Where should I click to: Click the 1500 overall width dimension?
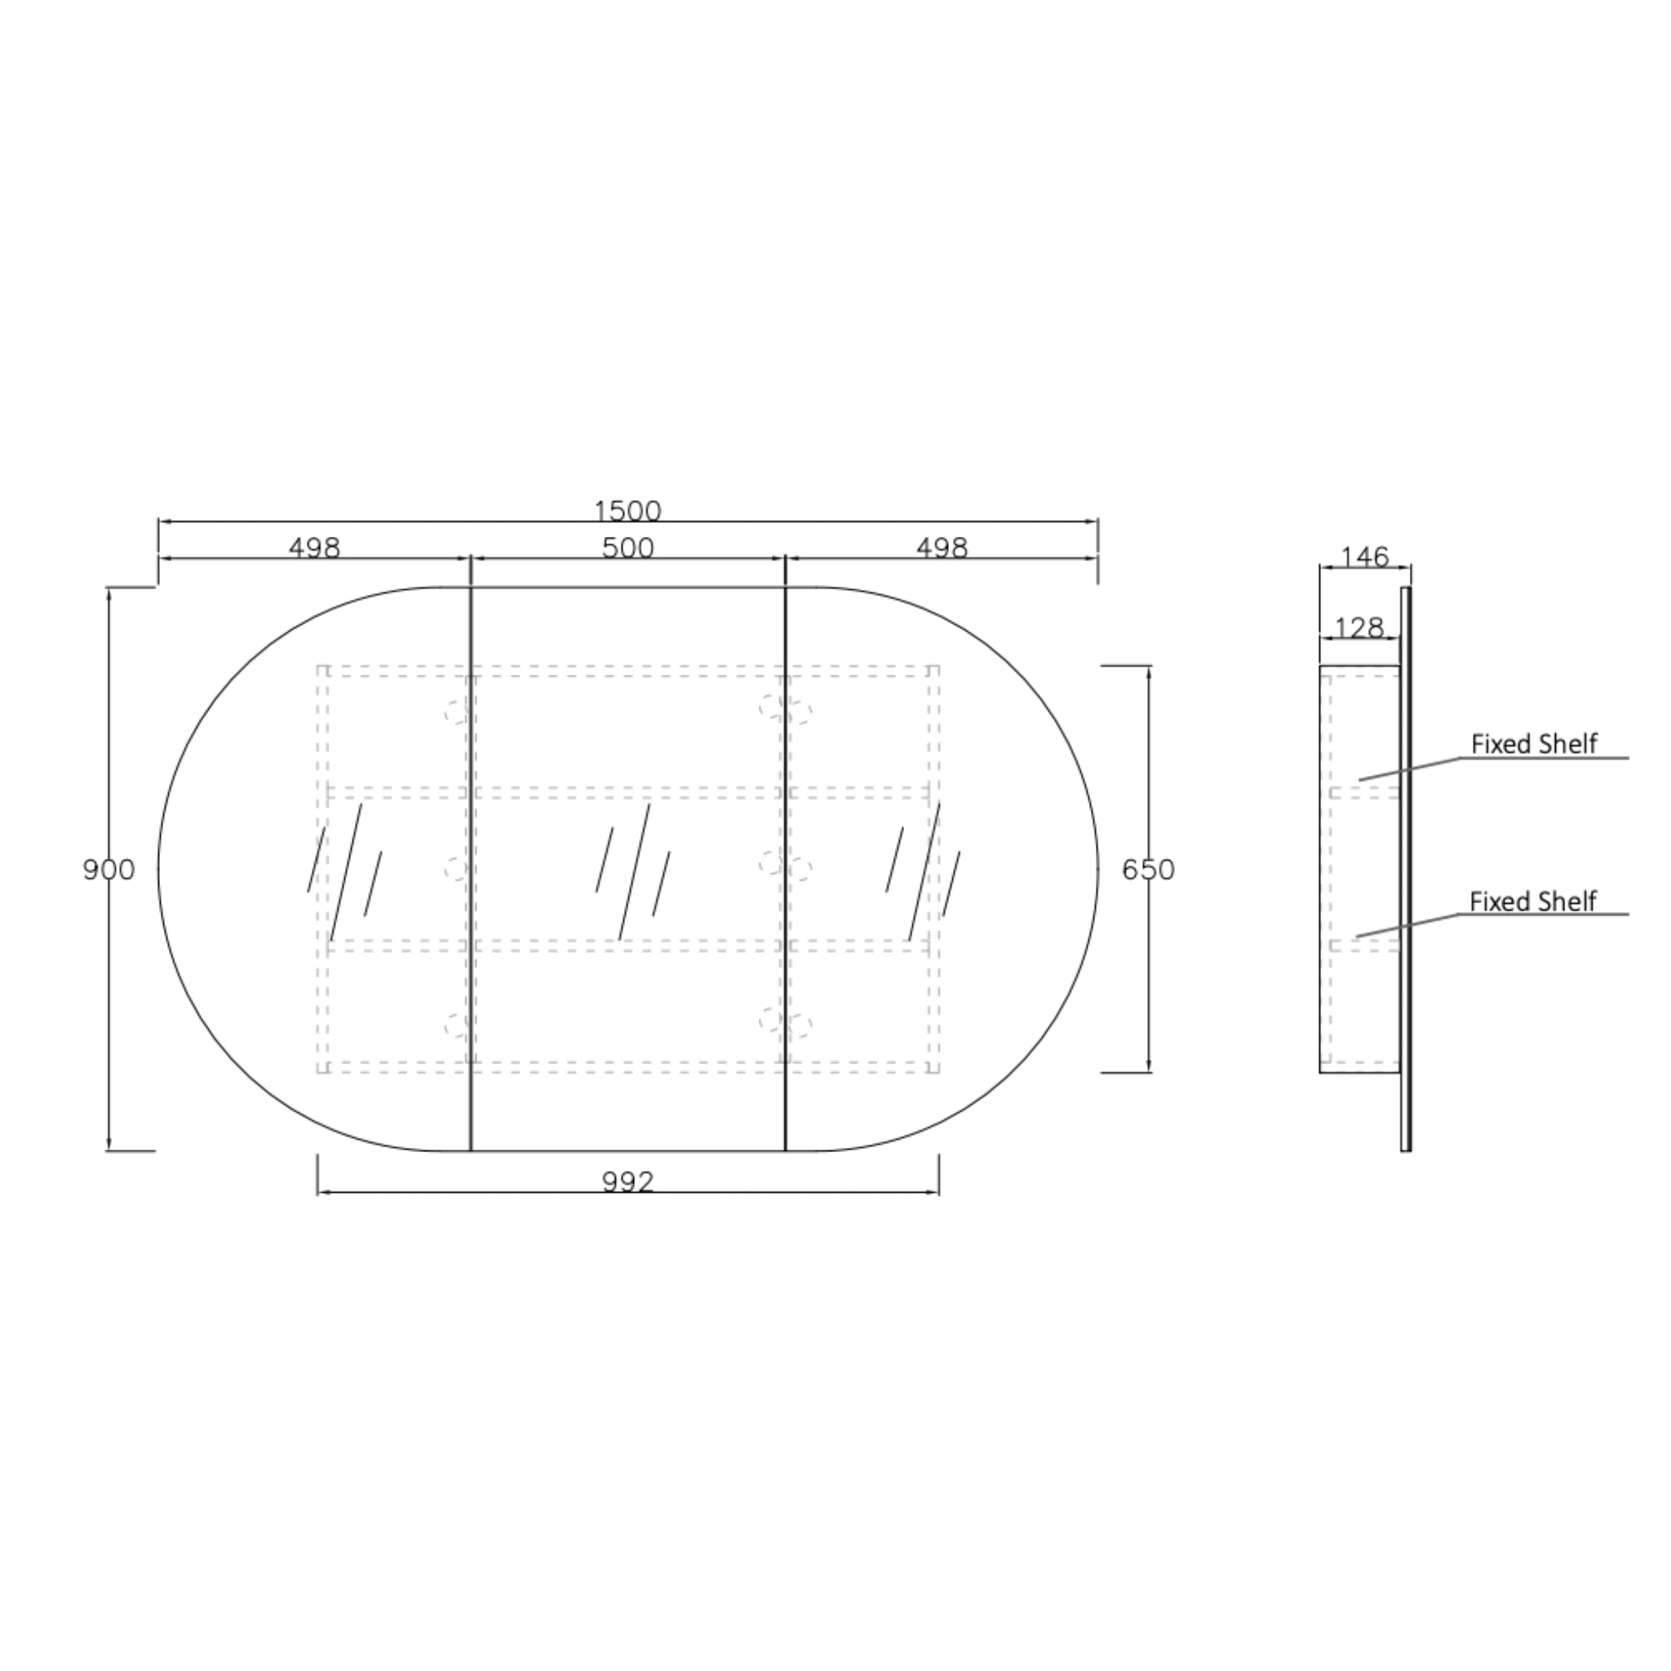click(x=628, y=511)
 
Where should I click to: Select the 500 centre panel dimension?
click(x=628, y=548)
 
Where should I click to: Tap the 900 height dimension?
click(x=109, y=869)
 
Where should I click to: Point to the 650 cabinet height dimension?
click(x=1149, y=869)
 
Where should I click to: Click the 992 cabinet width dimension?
click(x=628, y=1181)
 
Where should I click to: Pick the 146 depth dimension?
click(x=1365, y=557)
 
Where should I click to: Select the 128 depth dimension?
click(x=1359, y=628)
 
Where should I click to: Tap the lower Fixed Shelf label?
click(x=1532, y=902)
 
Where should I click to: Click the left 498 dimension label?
click(x=315, y=548)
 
